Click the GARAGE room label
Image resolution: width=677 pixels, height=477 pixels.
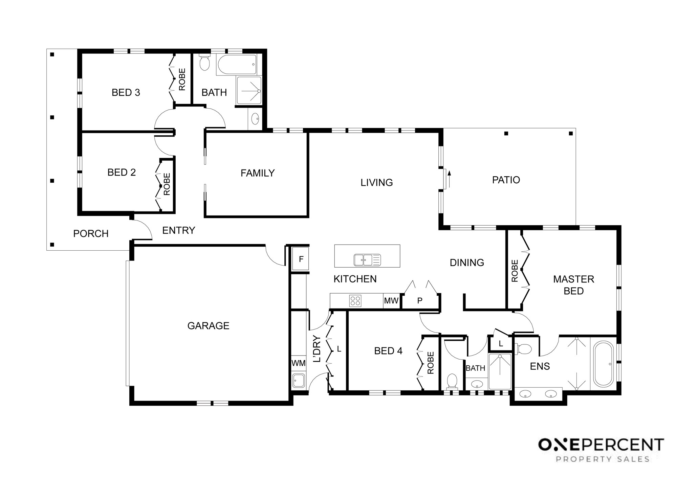[x=208, y=326]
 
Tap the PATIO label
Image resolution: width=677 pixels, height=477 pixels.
[x=506, y=180]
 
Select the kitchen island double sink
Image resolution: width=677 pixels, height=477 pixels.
[x=367, y=260]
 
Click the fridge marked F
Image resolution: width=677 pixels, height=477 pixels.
[x=301, y=259]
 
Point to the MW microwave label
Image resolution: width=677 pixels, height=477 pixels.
[x=391, y=301]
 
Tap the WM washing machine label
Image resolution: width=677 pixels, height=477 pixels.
[x=298, y=363]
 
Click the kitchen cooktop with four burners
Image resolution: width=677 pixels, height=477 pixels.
[x=355, y=301]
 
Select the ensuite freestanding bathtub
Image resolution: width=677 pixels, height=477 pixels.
[x=603, y=364]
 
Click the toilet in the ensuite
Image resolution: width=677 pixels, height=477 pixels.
[x=523, y=348]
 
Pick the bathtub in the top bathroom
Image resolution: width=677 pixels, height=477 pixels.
[x=237, y=64]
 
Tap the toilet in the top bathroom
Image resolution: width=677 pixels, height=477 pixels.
[x=204, y=63]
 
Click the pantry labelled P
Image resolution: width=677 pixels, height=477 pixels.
[x=420, y=300]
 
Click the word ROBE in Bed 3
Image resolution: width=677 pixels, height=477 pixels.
[x=182, y=79]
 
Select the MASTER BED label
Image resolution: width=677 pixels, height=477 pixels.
[x=573, y=285]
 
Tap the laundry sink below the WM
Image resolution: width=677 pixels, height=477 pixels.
[x=298, y=381]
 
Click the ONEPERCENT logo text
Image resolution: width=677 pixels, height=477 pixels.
[x=601, y=445]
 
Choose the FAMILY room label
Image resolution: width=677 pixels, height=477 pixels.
[x=257, y=173]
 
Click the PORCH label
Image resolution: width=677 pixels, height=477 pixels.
[x=91, y=233]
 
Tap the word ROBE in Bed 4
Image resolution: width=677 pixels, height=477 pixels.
[x=431, y=363]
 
